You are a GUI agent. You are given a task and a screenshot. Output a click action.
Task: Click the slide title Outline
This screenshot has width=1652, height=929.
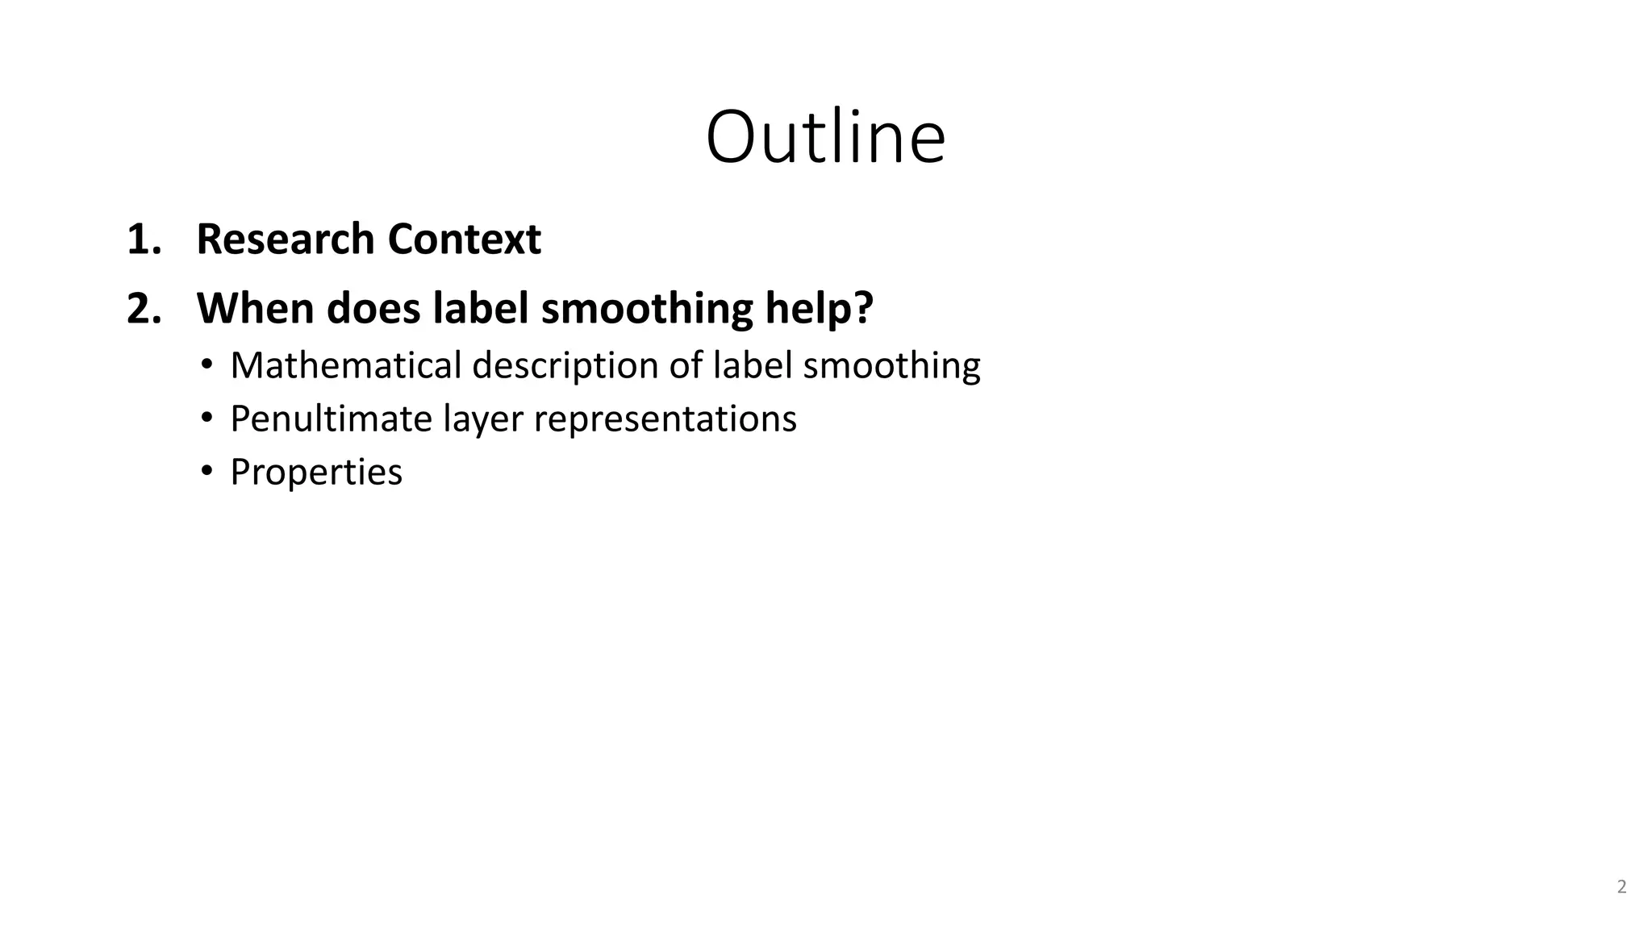coord(825,137)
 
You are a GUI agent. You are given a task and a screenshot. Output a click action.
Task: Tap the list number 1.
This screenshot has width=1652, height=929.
coord(143,240)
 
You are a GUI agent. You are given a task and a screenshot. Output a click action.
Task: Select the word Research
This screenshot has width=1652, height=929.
coord(286,240)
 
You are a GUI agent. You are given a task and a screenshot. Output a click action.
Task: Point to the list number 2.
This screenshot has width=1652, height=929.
coord(143,309)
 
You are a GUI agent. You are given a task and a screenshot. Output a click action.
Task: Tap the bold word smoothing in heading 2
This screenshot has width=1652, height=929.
coord(647,309)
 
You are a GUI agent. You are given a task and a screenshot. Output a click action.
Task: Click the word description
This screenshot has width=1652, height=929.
coord(565,365)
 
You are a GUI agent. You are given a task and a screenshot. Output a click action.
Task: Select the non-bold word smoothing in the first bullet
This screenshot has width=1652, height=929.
coord(891,365)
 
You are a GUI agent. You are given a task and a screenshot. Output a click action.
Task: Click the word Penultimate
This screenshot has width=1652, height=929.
coord(331,419)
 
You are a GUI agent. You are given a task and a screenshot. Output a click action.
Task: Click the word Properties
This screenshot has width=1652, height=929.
coord(315,473)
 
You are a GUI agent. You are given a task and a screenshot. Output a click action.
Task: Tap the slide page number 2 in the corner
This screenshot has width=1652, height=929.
coord(1621,887)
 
